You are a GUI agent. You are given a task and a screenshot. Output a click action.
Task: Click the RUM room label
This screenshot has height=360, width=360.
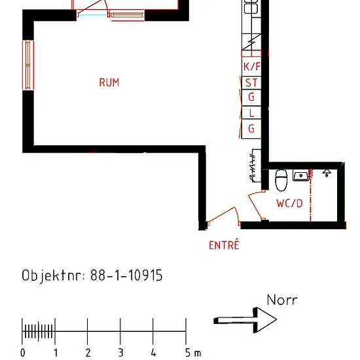[x=109, y=82]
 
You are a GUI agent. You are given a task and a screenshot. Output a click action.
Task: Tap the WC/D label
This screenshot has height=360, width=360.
[x=289, y=204]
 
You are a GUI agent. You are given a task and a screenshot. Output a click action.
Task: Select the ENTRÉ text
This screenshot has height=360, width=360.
[x=224, y=245]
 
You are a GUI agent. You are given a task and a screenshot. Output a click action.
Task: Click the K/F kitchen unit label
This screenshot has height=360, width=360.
[x=251, y=67]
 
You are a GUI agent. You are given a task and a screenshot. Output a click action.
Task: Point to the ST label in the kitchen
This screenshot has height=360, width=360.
[x=251, y=82]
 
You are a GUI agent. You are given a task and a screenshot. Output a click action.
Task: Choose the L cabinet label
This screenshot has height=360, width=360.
[x=251, y=113]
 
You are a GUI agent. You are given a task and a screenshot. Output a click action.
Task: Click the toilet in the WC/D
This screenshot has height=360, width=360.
[x=281, y=180]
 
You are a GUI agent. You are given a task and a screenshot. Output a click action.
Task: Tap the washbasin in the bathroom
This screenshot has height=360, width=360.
[x=301, y=175]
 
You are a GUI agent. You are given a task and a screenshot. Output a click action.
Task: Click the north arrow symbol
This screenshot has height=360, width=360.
[x=245, y=320]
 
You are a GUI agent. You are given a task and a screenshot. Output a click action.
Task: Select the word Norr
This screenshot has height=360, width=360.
[x=282, y=300]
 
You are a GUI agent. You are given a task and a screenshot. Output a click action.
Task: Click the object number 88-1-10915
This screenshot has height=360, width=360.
[x=126, y=275]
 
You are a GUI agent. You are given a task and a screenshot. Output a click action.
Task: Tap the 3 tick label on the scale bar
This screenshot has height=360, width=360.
[x=121, y=353]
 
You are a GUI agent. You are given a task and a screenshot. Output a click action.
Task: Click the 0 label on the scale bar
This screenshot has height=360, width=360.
[x=23, y=353]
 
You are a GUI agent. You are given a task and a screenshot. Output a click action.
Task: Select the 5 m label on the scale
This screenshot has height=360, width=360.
[x=193, y=353]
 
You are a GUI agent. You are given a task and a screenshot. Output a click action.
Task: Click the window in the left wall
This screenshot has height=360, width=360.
[x=28, y=65]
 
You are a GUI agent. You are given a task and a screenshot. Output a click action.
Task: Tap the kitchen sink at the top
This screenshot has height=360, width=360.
[x=251, y=7]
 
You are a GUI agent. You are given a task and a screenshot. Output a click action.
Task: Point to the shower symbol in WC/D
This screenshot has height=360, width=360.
[x=327, y=173]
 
